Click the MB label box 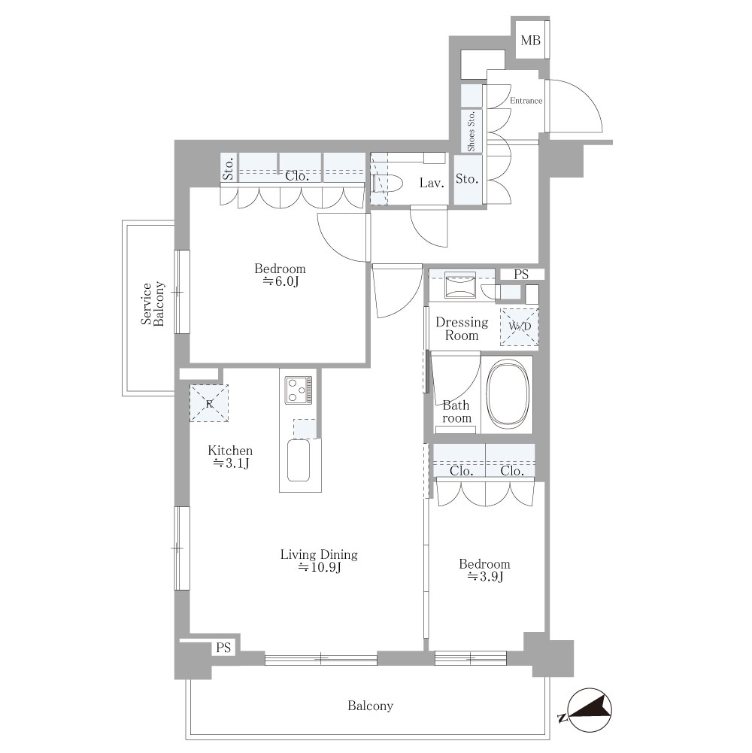[x=531, y=41]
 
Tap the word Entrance [x=526, y=101]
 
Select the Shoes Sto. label [x=471, y=131]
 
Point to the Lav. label [x=432, y=183]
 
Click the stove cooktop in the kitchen [x=299, y=390]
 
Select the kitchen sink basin [x=299, y=460]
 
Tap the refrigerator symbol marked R [x=209, y=403]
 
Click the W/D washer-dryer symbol [x=519, y=326]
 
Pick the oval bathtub [x=508, y=393]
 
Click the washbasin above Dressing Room [x=460, y=286]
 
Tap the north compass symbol [x=589, y=711]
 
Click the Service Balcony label [x=153, y=304]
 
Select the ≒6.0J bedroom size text [x=280, y=282]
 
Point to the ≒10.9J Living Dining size [x=320, y=568]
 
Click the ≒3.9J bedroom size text [x=485, y=577]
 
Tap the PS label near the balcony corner [x=223, y=648]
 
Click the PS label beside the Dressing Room [x=521, y=275]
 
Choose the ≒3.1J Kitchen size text [x=231, y=463]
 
